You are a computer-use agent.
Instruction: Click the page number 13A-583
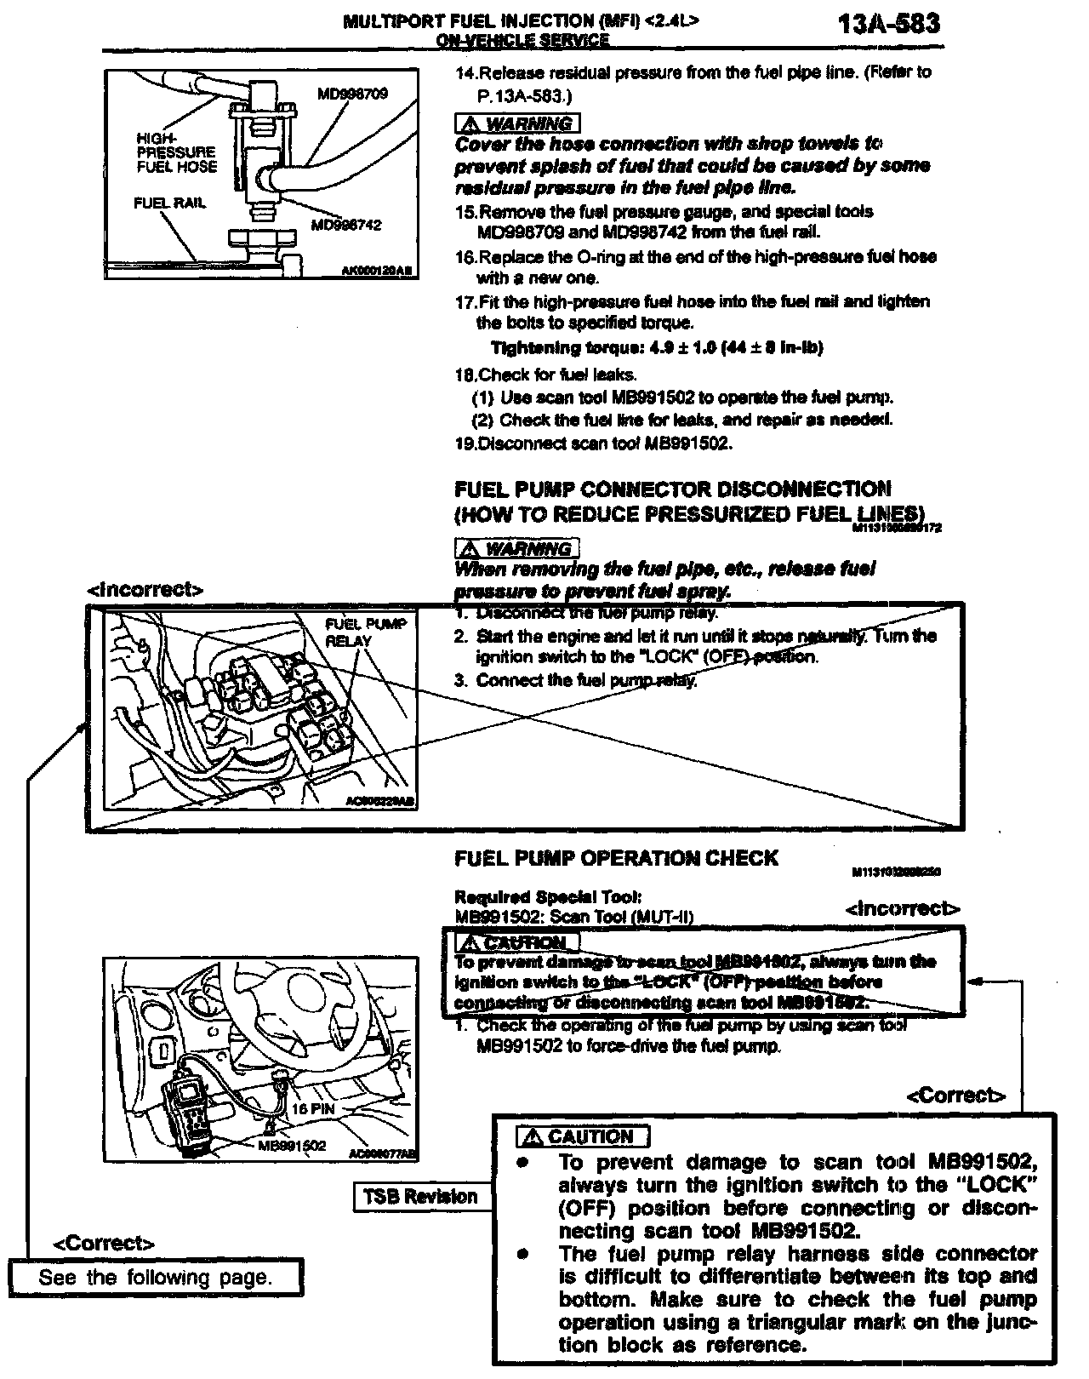(x=888, y=23)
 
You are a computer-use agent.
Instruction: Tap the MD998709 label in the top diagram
(x=352, y=94)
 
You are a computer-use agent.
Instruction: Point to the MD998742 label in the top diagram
(x=346, y=225)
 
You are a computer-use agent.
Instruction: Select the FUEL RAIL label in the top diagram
(x=169, y=203)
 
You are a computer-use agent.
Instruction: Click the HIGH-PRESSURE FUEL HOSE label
(x=176, y=152)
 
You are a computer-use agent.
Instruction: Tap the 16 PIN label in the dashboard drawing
(x=313, y=1109)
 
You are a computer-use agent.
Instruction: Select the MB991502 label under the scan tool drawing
(x=292, y=1145)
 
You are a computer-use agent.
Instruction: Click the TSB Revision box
(x=420, y=1196)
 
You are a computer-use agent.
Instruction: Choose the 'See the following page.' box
(x=156, y=1277)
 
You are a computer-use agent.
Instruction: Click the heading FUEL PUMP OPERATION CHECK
(x=616, y=858)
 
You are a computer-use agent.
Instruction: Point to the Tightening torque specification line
(x=657, y=347)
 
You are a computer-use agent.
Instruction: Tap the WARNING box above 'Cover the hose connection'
(x=517, y=123)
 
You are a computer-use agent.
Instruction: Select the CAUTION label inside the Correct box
(x=583, y=1136)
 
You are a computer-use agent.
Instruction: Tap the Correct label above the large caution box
(x=956, y=1095)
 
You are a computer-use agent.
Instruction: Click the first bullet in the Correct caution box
(x=526, y=1163)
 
